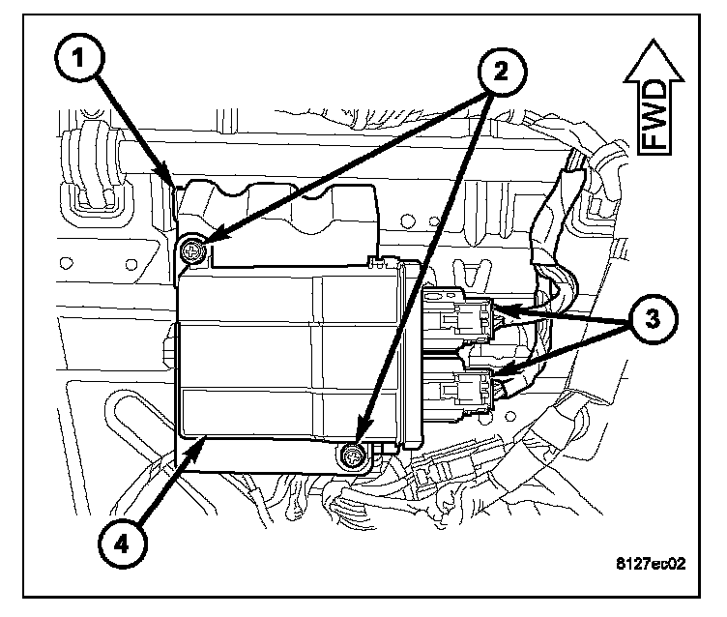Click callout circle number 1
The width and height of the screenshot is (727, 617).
[x=79, y=57]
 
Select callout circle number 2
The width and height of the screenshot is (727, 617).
[x=502, y=72]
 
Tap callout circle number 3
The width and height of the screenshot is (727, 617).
[x=653, y=319]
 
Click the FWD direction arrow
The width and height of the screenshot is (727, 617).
[x=654, y=98]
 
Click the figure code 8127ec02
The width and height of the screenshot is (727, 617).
[x=651, y=564]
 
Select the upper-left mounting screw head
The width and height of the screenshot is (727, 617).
[x=191, y=251]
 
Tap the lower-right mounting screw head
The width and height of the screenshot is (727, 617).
[x=353, y=457]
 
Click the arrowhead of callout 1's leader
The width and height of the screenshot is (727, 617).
[x=168, y=175]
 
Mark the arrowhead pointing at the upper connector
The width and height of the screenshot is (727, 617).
[x=507, y=308]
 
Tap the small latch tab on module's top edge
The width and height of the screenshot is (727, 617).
[x=379, y=262]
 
